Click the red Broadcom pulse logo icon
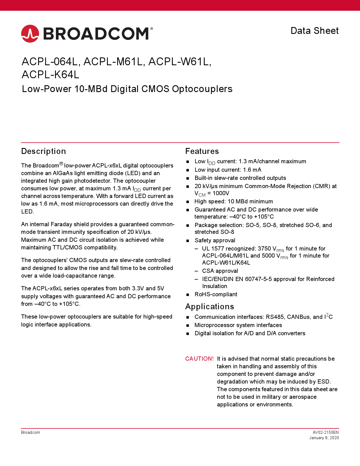pyautogui.click(x=30, y=34)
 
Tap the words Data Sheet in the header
pyautogui.click(x=315, y=31)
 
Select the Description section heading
pyautogui.click(x=43, y=151)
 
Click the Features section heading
pyautogui.click(x=202, y=151)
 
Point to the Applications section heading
pyautogui.click(x=210, y=307)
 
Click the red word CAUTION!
pyautogui.click(x=199, y=359)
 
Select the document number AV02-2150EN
pyautogui.click(x=326, y=432)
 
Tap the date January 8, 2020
pyautogui.click(x=324, y=438)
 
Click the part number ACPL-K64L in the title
pyautogui.click(x=51, y=75)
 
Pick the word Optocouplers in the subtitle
pyautogui.click(x=202, y=89)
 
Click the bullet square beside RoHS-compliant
pyautogui.click(x=188, y=295)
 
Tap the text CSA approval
pyautogui.click(x=220, y=271)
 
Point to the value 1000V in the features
pyautogui.click(x=221, y=193)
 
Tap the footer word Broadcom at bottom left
pyautogui.click(x=30, y=432)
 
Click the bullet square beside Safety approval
pyautogui.click(x=188, y=241)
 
